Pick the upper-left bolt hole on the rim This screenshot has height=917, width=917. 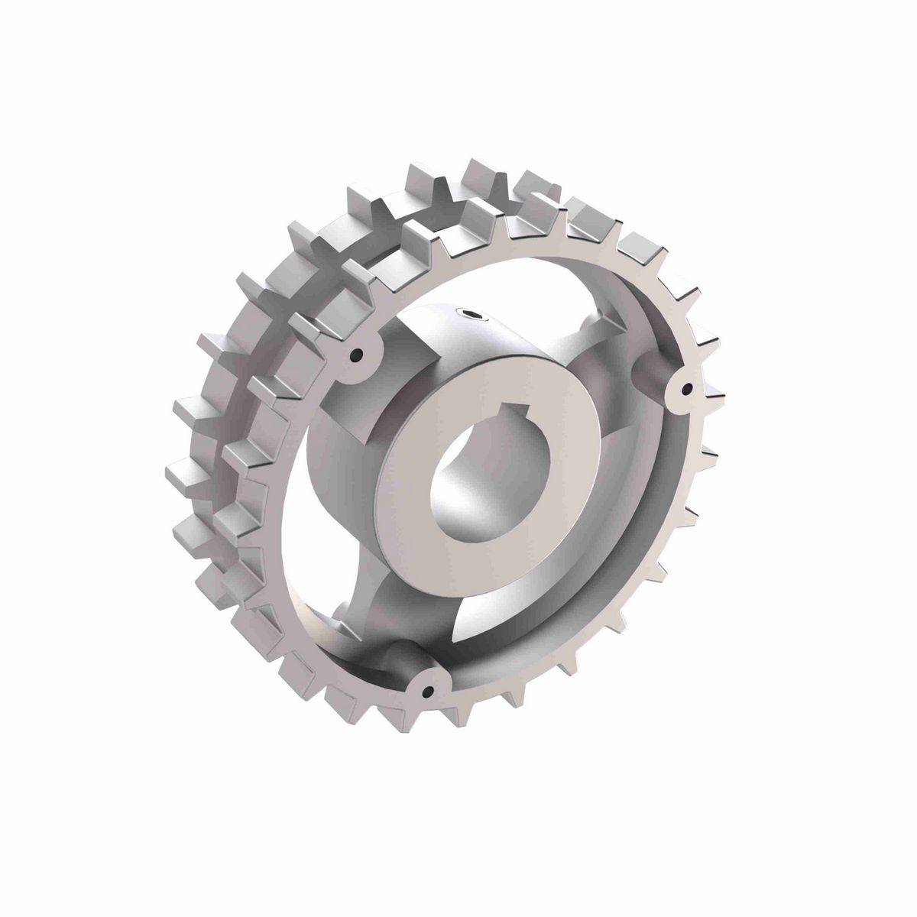coord(355,355)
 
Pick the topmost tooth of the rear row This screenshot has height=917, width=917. coord(486,176)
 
